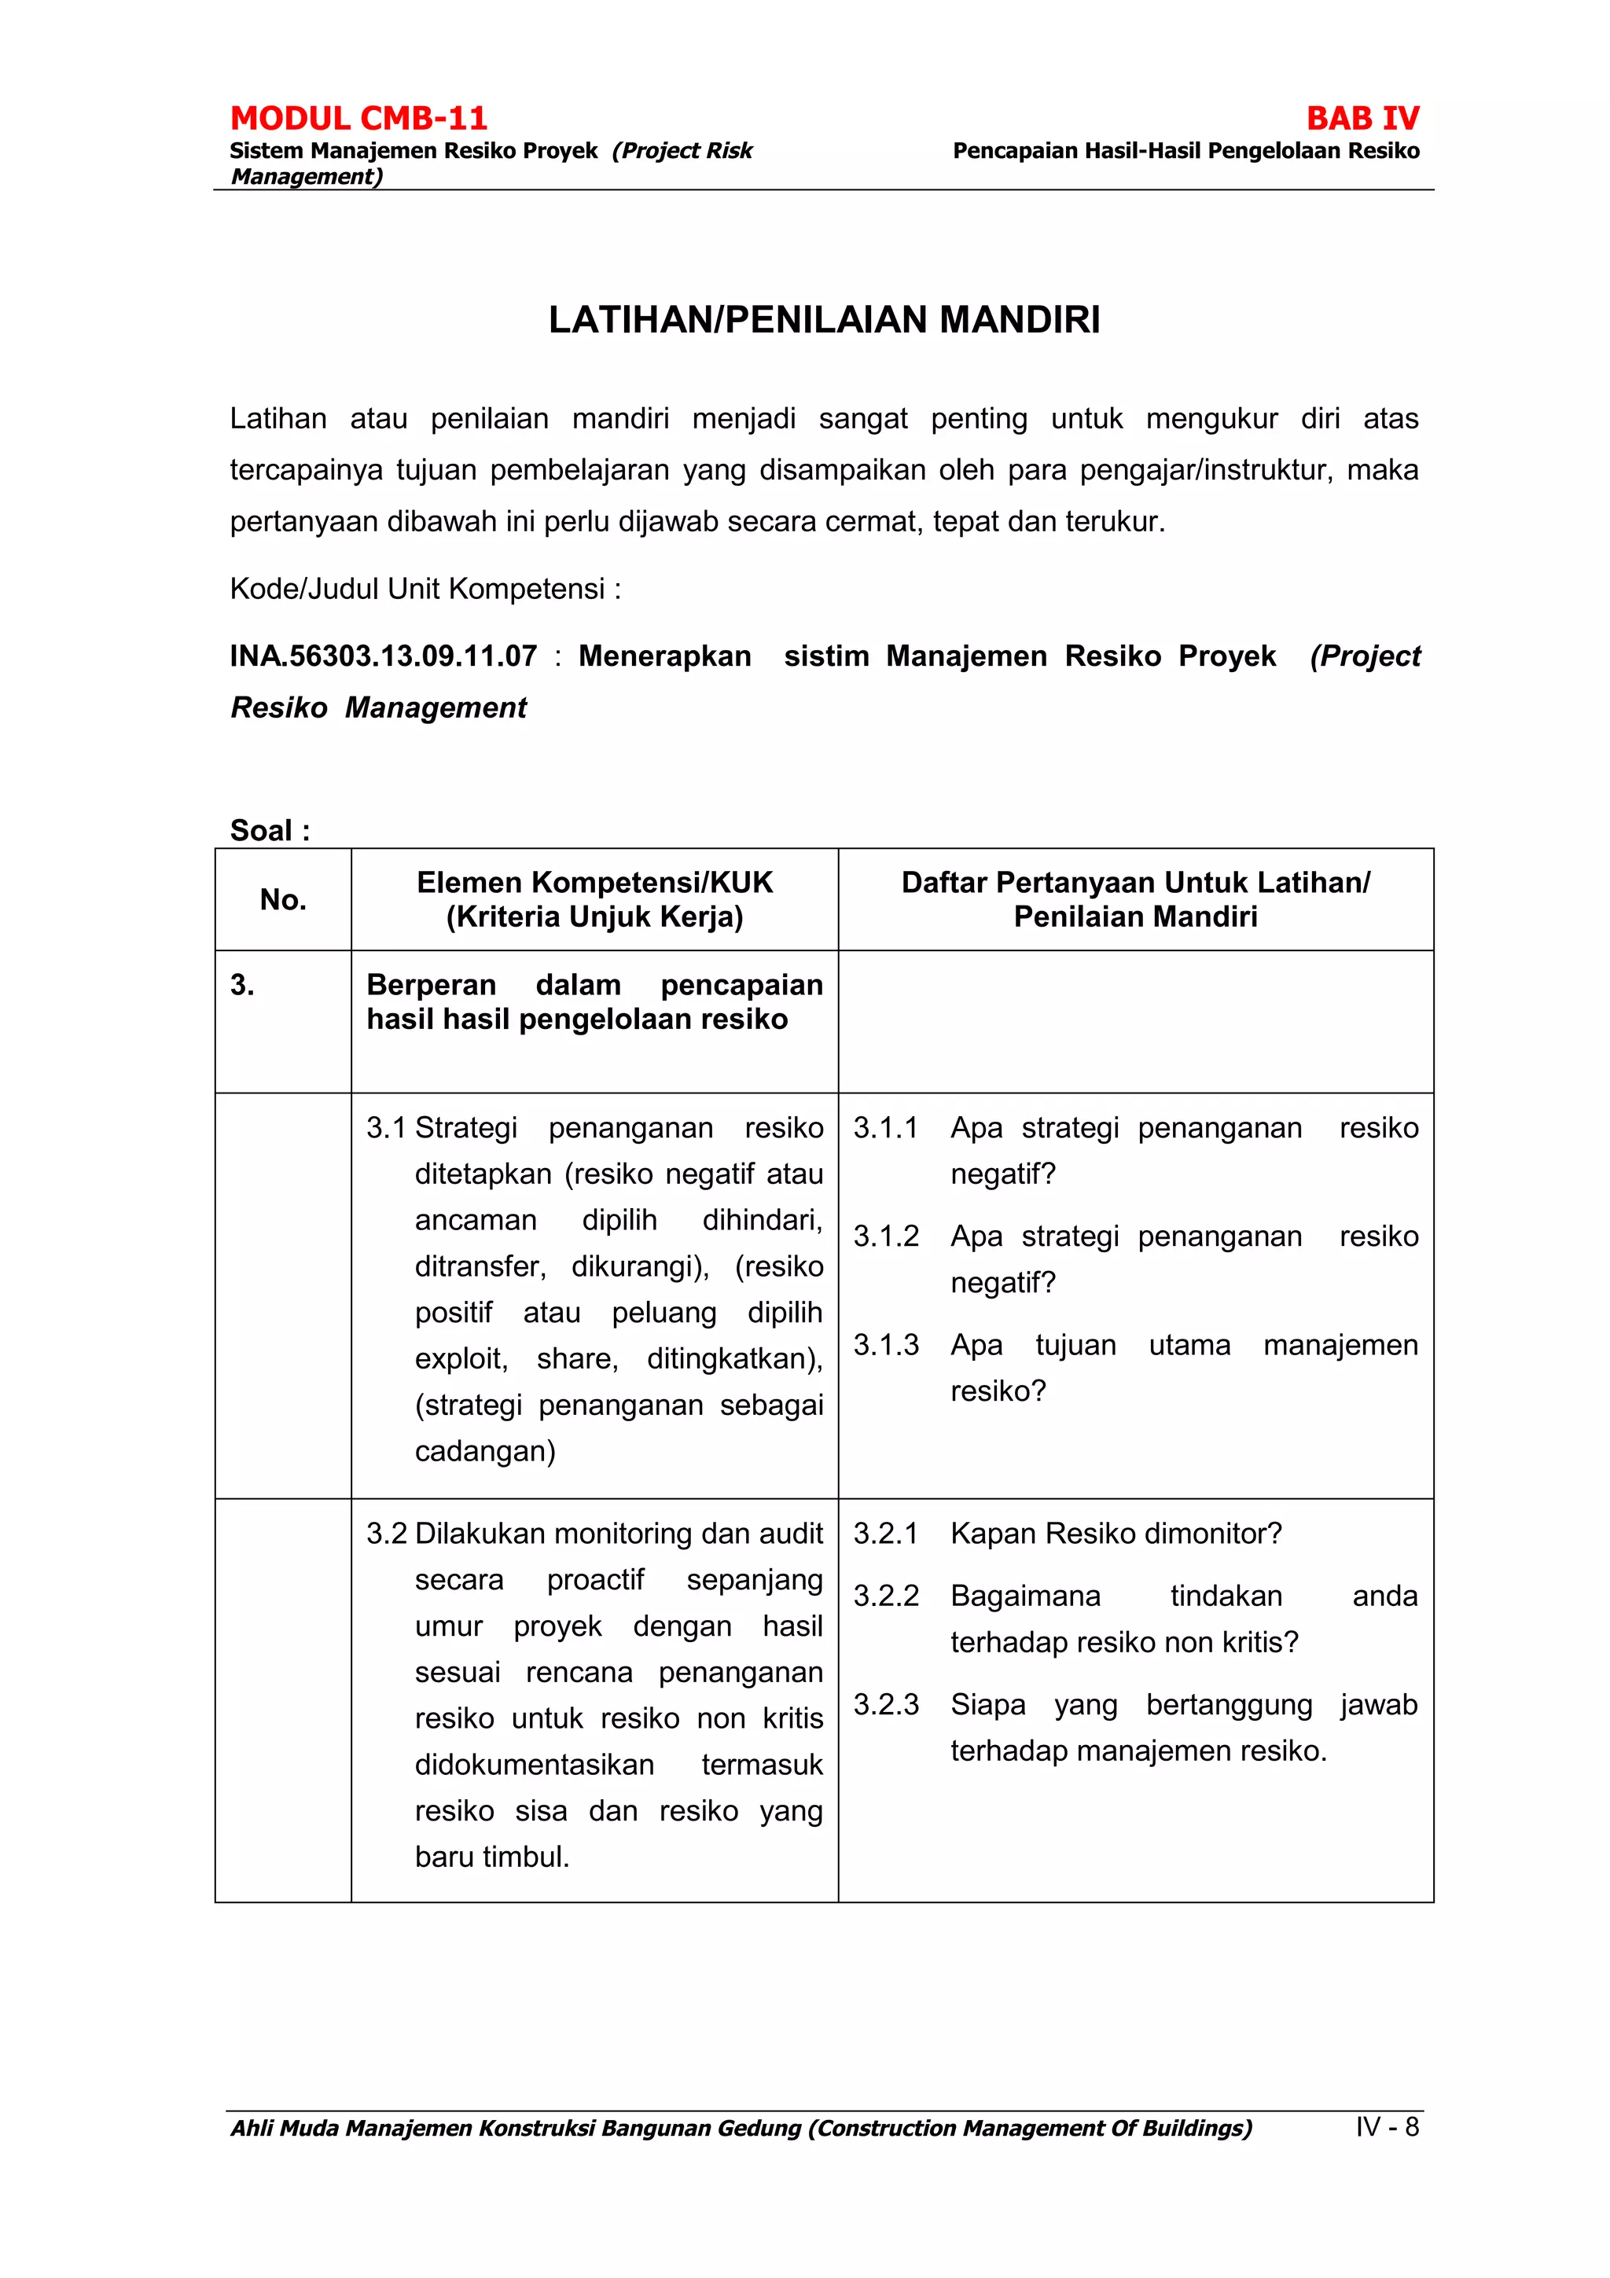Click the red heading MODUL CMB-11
(358, 118)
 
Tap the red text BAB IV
(1362, 118)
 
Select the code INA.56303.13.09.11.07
(383, 656)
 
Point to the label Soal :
(270, 829)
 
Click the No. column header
(283, 900)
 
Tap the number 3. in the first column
(242, 984)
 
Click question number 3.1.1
(885, 1127)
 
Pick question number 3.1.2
(886, 1236)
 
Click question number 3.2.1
(885, 1533)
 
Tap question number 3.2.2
(886, 1596)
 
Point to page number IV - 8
(1387, 2126)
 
